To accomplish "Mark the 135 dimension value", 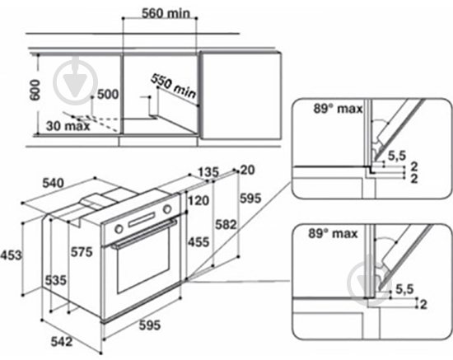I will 207,172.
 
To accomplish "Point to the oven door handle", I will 144,236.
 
